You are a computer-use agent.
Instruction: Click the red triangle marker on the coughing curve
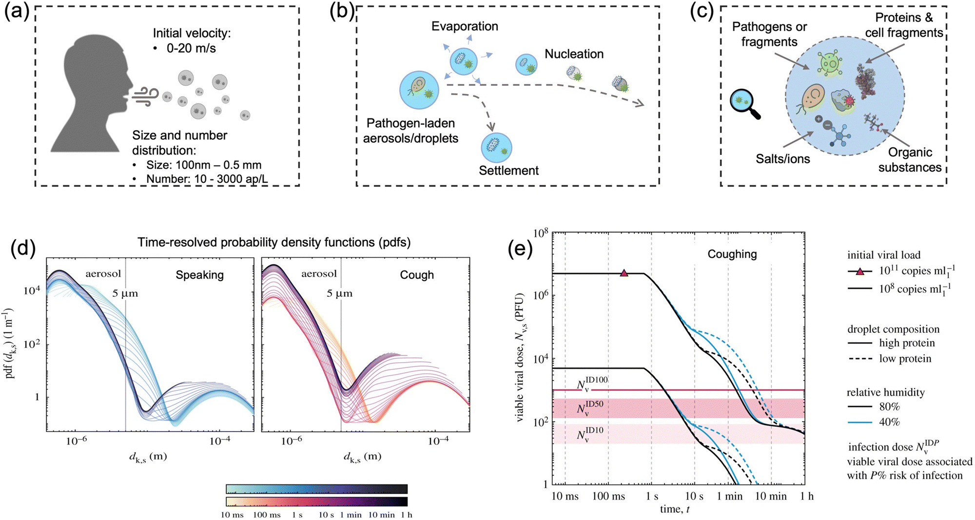[624, 273]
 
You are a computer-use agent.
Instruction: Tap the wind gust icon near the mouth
[146, 96]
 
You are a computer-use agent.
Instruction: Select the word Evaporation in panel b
[465, 26]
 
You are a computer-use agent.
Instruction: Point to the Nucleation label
[574, 54]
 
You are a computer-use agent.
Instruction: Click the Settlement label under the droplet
[508, 171]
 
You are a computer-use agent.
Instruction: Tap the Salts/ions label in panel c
[782, 159]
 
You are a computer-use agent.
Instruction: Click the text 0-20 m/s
[191, 49]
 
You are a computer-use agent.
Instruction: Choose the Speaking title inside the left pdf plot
[199, 275]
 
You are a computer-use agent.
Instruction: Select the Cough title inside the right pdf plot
[417, 275]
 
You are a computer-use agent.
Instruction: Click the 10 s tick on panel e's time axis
[694, 496]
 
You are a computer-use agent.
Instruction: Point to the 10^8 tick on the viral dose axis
[541, 233]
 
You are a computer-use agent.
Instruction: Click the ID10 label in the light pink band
[590, 434]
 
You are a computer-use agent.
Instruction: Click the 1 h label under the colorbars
[406, 515]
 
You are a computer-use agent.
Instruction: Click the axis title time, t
[675, 509]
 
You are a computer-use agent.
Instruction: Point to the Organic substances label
[910, 160]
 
